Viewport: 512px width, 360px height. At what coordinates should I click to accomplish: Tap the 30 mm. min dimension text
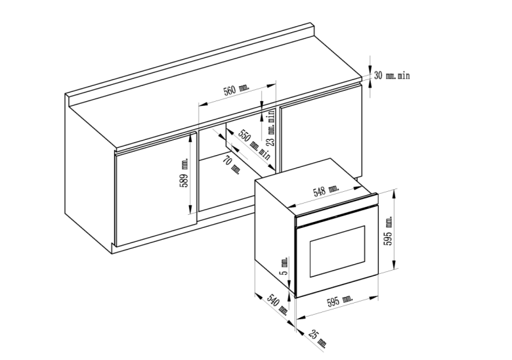click(392, 76)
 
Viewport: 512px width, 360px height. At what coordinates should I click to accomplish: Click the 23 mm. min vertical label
click(270, 129)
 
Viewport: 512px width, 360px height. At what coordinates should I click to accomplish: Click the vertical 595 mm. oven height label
click(388, 229)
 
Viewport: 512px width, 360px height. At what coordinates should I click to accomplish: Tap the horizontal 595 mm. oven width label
click(339, 301)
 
